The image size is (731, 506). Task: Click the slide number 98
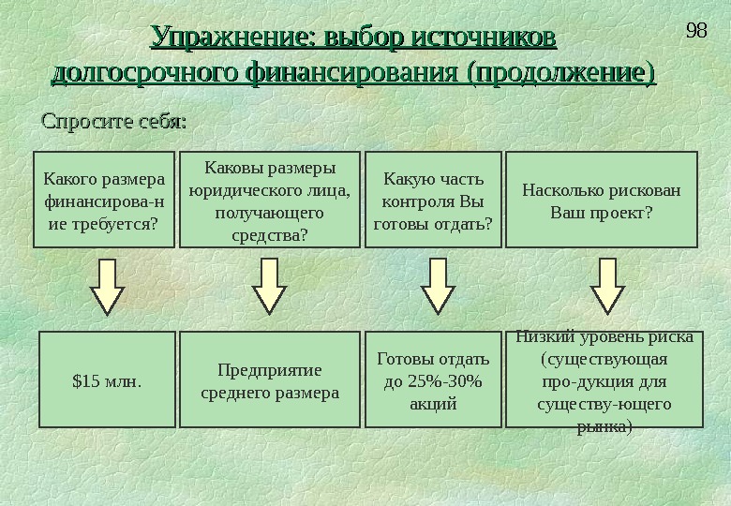coord(695,30)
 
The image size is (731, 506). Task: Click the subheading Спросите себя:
coord(111,122)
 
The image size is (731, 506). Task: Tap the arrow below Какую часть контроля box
coord(435,286)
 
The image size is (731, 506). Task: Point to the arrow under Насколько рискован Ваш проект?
coord(605,286)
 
